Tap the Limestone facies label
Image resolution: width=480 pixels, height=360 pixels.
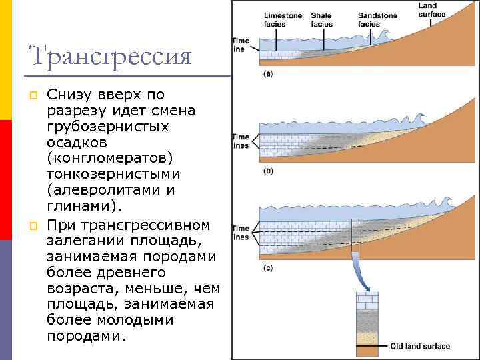tap(283, 19)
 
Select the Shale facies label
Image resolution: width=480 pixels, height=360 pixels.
tap(322, 19)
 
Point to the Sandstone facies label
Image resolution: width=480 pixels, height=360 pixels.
tap(377, 19)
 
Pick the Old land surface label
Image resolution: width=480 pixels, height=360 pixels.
tap(420, 346)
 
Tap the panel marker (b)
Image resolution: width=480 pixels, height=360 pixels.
tap(268, 171)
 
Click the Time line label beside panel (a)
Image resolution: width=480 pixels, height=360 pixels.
tap(240, 45)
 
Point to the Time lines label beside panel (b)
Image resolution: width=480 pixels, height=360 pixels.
tap(240, 141)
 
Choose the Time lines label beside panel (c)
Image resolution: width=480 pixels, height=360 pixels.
tap(240, 233)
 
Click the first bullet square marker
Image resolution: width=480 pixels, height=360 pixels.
tap(31, 95)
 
